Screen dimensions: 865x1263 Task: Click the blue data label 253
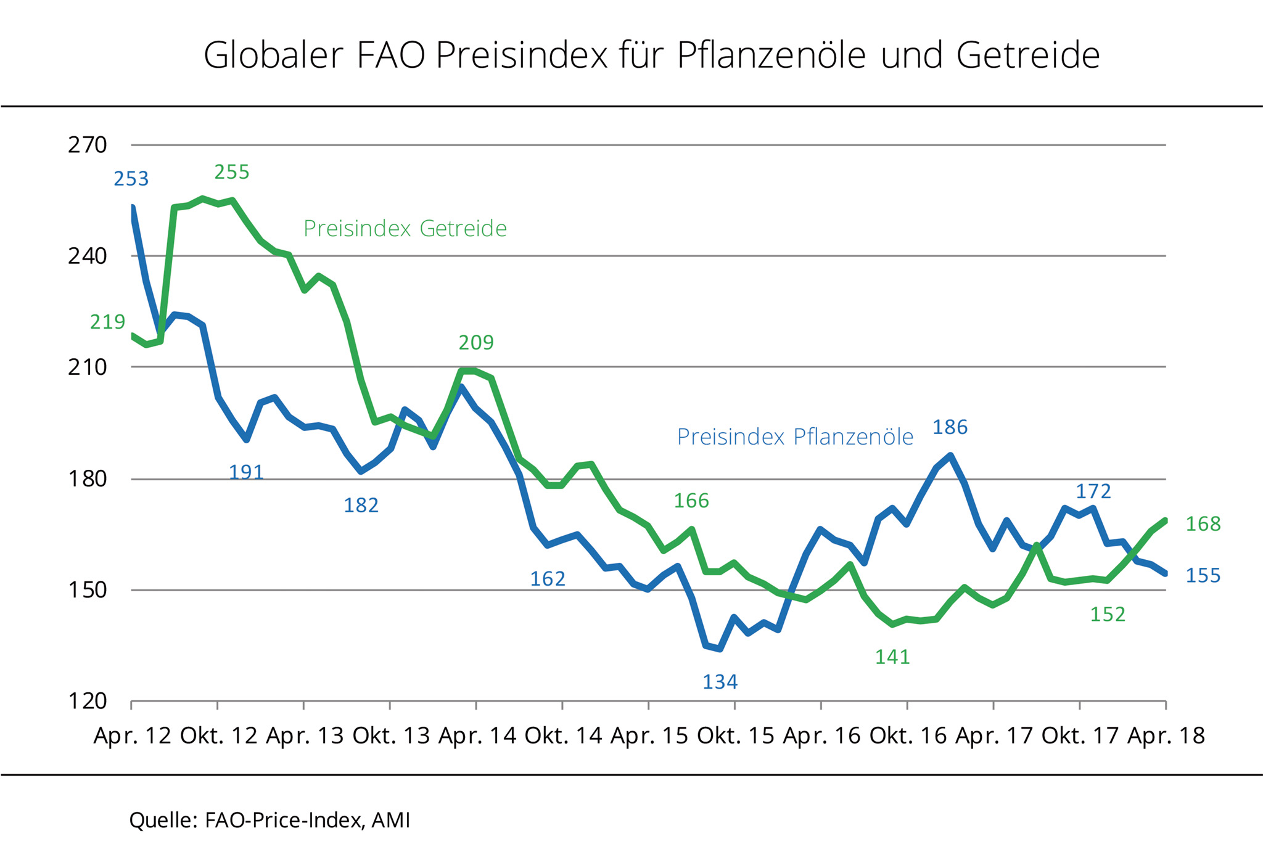click(x=131, y=179)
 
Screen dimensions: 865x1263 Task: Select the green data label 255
click(x=232, y=172)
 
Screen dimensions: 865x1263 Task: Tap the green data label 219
click(x=108, y=322)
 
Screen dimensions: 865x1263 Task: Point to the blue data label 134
click(x=720, y=682)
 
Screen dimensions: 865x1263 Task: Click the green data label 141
click(x=892, y=657)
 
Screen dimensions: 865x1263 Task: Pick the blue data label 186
click(x=950, y=427)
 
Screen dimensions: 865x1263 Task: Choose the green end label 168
click(x=1203, y=524)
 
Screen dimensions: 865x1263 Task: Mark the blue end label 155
click(x=1203, y=576)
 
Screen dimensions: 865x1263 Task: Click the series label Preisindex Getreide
click(x=405, y=229)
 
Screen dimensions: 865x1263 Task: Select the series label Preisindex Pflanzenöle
click(x=795, y=437)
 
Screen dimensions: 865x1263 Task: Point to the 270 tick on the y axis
click(x=88, y=146)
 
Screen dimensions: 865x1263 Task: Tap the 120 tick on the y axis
click(x=88, y=701)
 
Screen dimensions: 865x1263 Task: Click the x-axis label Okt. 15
click(x=735, y=736)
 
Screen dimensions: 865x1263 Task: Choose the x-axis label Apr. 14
click(x=477, y=736)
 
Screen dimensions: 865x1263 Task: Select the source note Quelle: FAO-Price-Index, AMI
click(x=269, y=820)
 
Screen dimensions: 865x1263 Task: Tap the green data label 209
click(x=476, y=343)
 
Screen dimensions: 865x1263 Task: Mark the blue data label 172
click(x=1093, y=491)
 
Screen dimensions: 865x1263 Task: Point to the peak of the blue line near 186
click(x=950, y=456)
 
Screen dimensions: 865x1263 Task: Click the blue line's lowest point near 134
click(x=720, y=649)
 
